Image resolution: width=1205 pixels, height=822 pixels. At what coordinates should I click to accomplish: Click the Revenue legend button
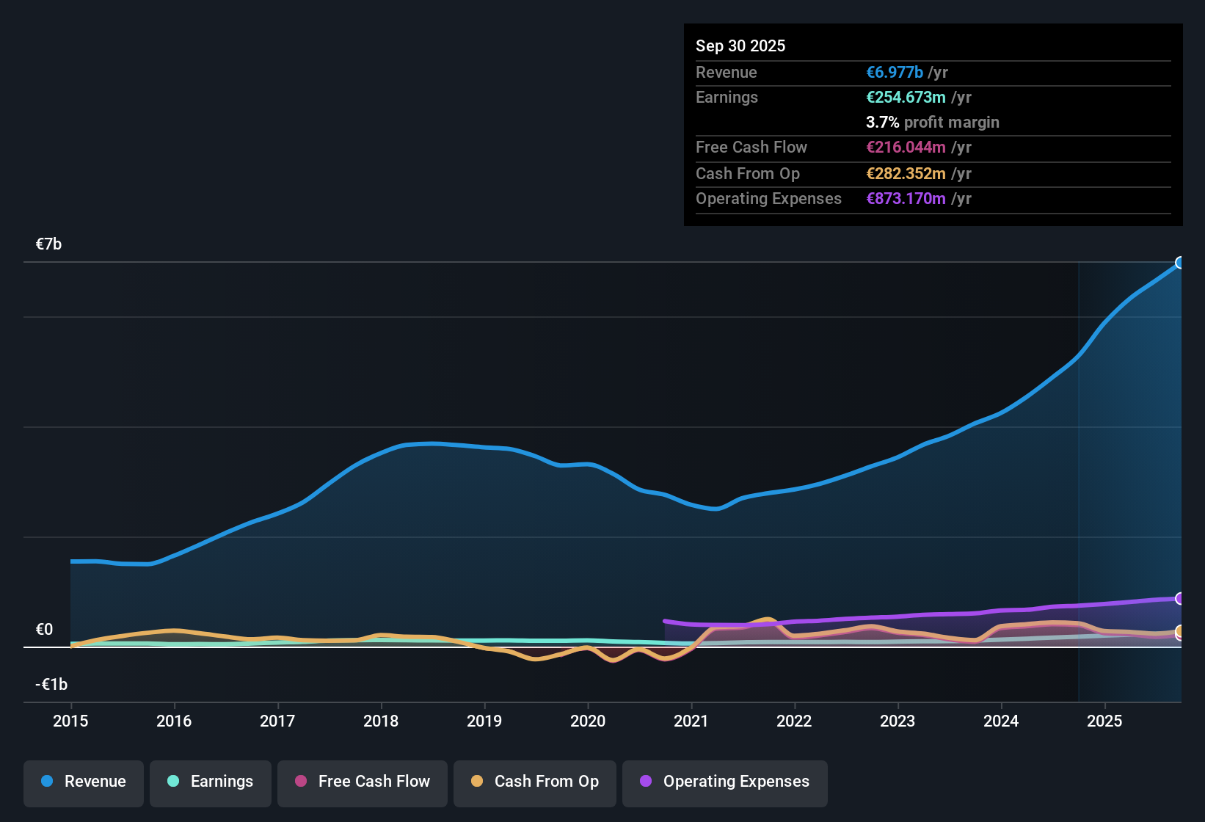tap(84, 782)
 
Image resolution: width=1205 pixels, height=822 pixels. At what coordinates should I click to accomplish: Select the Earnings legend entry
tap(211, 782)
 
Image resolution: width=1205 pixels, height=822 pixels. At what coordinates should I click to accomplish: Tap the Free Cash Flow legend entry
tap(363, 782)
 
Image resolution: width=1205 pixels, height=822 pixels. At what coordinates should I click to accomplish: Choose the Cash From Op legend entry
tap(535, 782)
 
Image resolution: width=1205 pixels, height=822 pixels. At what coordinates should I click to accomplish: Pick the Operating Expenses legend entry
tap(725, 782)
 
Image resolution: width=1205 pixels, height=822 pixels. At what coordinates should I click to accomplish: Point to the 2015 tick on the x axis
tap(70, 721)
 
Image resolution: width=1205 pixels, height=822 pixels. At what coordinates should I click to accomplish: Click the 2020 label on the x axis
tap(588, 721)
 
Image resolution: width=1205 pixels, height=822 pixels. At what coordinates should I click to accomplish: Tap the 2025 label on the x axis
tap(1104, 721)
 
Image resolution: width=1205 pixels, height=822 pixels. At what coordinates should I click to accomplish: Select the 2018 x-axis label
tap(381, 721)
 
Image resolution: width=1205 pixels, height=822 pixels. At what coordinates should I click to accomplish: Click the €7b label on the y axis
tap(48, 244)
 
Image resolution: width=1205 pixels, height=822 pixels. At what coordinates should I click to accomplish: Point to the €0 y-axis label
tap(44, 630)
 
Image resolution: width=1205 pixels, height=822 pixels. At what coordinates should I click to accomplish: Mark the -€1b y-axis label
tap(51, 685)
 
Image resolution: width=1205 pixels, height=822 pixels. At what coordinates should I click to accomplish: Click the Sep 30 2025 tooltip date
tap(740, 46)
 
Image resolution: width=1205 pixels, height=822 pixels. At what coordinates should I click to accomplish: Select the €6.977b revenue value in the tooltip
tap(895, 72)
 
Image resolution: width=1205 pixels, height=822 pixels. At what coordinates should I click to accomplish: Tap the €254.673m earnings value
tap(906, 97)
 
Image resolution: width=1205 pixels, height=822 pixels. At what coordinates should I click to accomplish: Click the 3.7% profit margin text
tap(932, 122)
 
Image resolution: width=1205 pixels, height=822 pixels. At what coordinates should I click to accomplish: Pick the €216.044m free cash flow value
tap(906, 147)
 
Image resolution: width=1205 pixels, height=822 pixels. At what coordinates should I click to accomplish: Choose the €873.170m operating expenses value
tap(906, 198)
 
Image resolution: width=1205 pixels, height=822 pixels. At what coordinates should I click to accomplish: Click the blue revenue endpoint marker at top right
tap(1180, 263)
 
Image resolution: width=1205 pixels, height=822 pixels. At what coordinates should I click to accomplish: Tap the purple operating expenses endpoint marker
tap(1180, 599)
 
